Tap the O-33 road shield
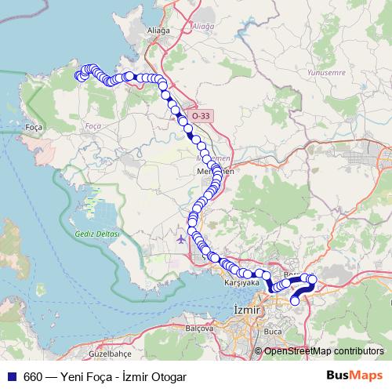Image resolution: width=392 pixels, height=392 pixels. [200, 116]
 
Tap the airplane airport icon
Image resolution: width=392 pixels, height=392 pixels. [183, 238]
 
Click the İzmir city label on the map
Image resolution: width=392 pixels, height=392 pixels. [246, 311]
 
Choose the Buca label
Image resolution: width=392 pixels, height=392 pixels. [272, 332]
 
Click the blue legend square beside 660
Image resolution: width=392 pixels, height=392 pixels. [11, 376]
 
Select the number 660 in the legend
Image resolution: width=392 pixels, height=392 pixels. [33, 376]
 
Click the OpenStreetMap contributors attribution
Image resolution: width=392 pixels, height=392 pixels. [324, 351]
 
